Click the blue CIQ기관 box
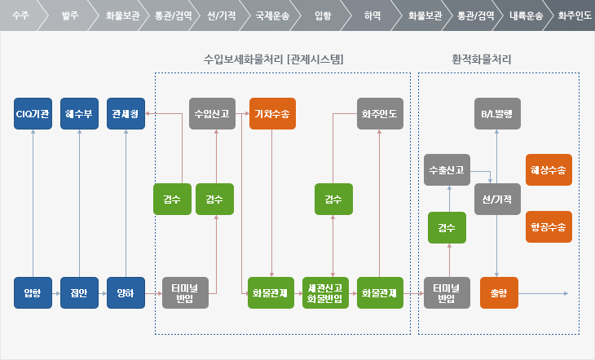pyautogui.click(x=33, y=114)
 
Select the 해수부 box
pyautogui.click(x=79, y=114)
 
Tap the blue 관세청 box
pyautogui.click(x=126, y=114)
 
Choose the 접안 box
pyautogui.click(x=79, y=293)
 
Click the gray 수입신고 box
pyautogui.click(x=212, y=114)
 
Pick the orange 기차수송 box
pyautogui.click(x=272, y=114)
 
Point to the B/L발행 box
pyautogui.click(x=497, y=114)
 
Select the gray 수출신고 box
pyautogui.click(x=447, y=170)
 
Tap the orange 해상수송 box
pyautogui.click(x=549, y=170)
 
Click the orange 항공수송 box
pyautogui.click(x=549, y=227)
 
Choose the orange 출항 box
pyautogui.click(x=499, y=293)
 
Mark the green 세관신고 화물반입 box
pyautogui.click(x=325, y=293)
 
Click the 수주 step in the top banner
pyautogui.click(x=20, y=15)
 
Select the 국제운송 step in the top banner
pyautogui.click(x=272, y=15)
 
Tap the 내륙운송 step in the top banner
pyautogui.click(x=526, y=15)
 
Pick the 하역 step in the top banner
pyautogui.click(x=372, y=15)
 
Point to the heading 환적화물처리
pyautogui.click(x=481, y=59)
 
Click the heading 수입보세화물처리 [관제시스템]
pyautogui.click(x=273, y=59)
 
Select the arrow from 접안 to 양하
pyautogui.click(x=103, y=293)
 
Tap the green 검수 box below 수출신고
pyautogui.click(x=447, y=227)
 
